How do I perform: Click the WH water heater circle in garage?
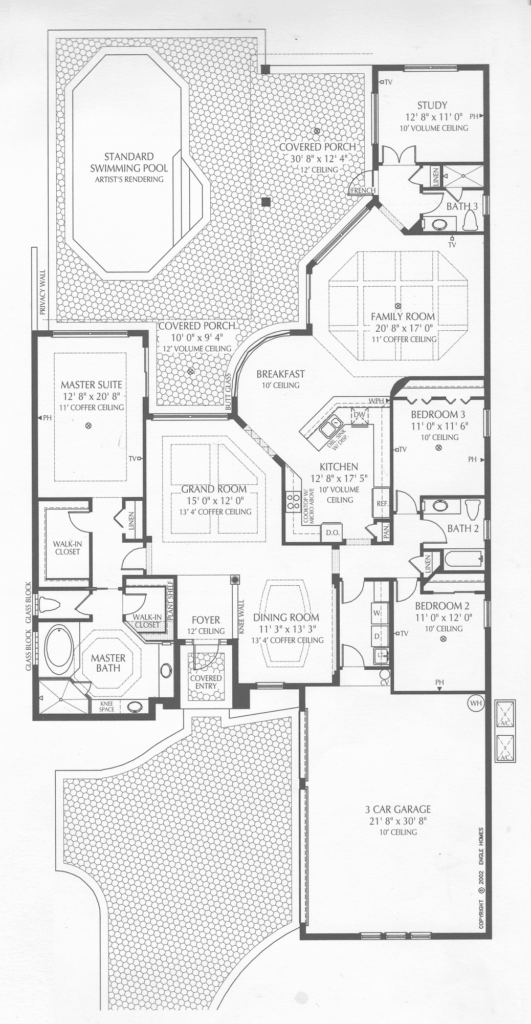click(x=476, y=703)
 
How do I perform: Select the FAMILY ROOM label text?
click(x=403, y=316)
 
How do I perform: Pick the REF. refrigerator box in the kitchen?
click(x=382, y=503)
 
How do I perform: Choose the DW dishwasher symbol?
click(x=359, y=416)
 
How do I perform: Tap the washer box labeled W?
click(x=378, y=612)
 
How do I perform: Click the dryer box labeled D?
click(x=378, y=635)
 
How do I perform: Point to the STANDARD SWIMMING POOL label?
click(x=129, y=162)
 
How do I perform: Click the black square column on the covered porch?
click(x=265, y=202)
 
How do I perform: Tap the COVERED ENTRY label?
click(x=206, y=682)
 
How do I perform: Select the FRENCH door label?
click(x=363, y=190)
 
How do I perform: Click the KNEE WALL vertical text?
click(x=241, y=618)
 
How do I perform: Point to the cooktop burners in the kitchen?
click(x=294, y=500)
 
